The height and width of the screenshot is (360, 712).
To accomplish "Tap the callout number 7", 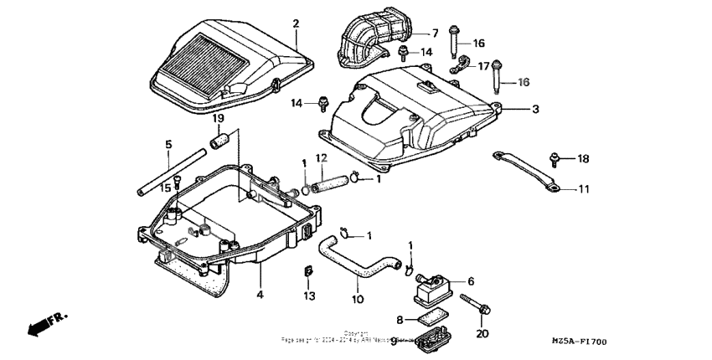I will click(x=435, y=33).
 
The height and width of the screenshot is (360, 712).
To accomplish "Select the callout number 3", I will click(x=535, y=110).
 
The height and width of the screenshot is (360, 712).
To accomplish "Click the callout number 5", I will click(x=168, y=145).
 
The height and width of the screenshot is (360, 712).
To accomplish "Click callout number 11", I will click(x=584, y=189).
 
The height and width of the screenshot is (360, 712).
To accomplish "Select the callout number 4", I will click(x=260, y=295).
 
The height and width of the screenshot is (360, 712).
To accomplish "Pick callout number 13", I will click(x=308, y=296).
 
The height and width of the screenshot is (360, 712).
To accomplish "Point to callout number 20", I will click(x=481, y=333).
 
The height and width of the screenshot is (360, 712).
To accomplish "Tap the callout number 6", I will click(x=471, y=281).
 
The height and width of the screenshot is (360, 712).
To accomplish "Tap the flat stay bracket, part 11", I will click(x=524, y=169).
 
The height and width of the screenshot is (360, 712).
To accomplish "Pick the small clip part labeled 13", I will click(x=307, y=272).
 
